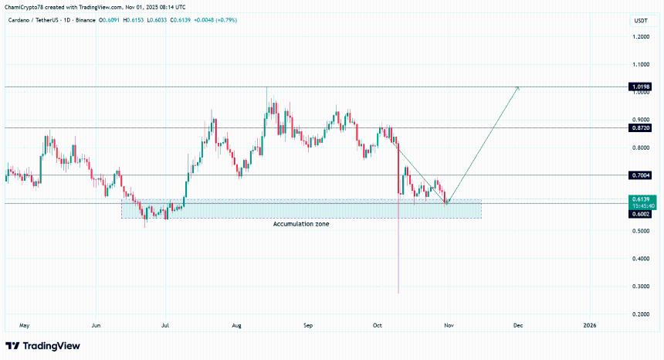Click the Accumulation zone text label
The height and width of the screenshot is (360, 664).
tap(301, 223)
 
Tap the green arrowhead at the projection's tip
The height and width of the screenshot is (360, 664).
tap(518, 87)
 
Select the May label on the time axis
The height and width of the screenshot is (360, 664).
tap(24, 326)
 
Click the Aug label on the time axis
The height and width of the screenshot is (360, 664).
tap(237, 326)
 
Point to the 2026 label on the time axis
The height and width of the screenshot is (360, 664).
tap(590, 326)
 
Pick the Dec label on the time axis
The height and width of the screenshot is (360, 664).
tap(518, 326)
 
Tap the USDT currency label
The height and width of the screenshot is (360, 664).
tap(640, 20)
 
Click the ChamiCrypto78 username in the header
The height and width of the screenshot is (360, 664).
tap(24, 7)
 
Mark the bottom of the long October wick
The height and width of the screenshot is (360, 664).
tap(398, 293)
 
